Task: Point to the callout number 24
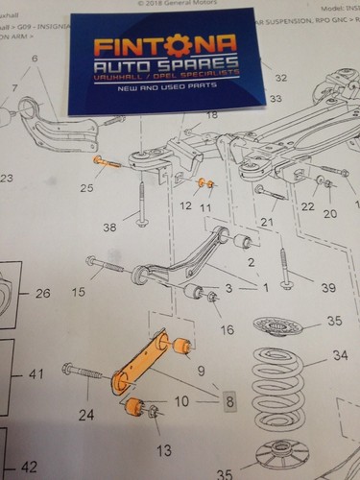pos(86,415)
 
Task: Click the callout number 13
pos(164,449)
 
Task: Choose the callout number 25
pos(87,188)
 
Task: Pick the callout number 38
pos(110,228)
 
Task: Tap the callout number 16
pos(227,329)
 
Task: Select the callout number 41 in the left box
pos(37,372)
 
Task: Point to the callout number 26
pos(41,293)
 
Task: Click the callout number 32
pos(279,77)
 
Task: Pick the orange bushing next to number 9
pos(180,345)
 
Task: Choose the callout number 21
pos(269,223)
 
